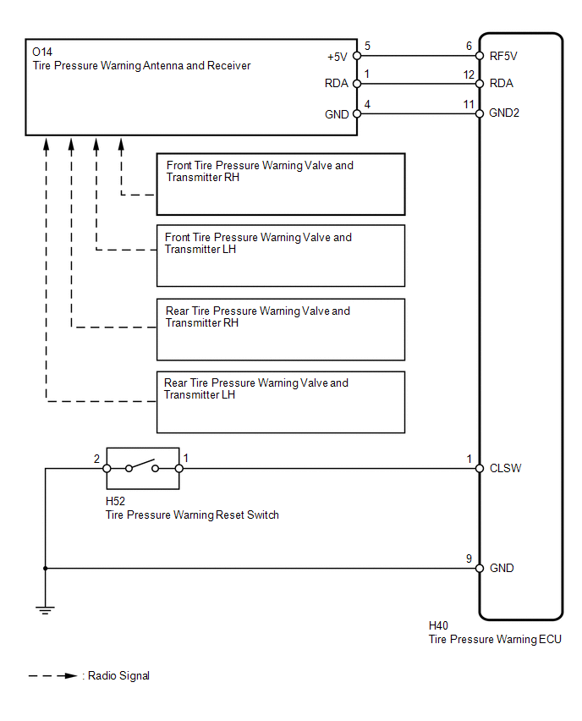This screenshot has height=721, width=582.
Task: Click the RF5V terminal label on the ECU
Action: tap(503, 57)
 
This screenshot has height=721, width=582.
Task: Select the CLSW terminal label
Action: tap(505, 468)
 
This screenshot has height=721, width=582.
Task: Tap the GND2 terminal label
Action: tap(505, 113)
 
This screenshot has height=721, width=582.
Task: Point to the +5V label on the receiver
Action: tap(338, 57)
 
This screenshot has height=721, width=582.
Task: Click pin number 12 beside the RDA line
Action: tap(469, 74)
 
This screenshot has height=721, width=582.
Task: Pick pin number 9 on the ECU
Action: tap(469, 559)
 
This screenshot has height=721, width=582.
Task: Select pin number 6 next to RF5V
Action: tap(469, 47)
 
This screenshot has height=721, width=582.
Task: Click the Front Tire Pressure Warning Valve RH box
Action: tap(280, 184)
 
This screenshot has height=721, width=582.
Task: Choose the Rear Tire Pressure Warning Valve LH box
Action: tap(280, 402)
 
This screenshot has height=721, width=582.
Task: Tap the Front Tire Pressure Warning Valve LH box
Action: tap(280, 256)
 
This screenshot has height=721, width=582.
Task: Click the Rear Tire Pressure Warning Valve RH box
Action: tap(280, 329)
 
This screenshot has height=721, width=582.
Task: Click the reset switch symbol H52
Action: tap(142, 468)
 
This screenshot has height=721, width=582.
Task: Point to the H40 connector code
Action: tap(439, 626)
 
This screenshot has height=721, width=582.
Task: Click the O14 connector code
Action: tap(42, 52)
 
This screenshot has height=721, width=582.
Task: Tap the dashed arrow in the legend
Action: tap(53, 676)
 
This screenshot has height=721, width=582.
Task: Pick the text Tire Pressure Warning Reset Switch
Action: tap(192, 515)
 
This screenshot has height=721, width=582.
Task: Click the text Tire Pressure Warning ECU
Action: tap(495, 640)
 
